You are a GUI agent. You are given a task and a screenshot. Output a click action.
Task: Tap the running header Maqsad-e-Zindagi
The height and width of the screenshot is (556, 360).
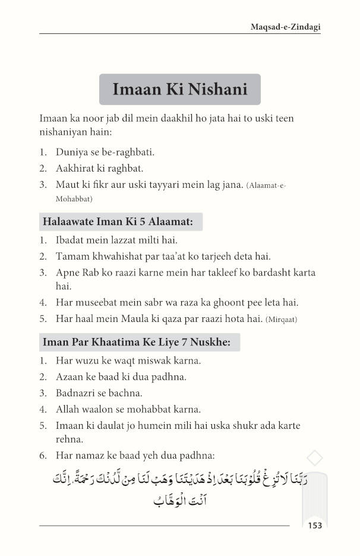[283, 27]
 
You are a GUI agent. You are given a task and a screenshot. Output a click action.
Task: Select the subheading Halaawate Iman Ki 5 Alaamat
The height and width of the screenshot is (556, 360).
[121, 223]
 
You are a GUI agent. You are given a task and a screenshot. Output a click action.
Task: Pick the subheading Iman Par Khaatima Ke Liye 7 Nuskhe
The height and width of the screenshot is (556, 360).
[140, 343]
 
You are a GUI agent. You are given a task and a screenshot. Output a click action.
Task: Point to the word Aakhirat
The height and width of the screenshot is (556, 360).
[75, 169]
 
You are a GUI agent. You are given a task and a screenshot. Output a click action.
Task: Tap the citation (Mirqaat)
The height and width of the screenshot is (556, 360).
[282, 320]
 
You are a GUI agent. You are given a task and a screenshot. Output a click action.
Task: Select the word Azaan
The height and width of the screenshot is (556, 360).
[70, 377]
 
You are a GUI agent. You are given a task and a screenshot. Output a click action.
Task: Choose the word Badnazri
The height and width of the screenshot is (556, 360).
[77, 393]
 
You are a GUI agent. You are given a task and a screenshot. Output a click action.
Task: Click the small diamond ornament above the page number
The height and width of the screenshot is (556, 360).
[315, 458]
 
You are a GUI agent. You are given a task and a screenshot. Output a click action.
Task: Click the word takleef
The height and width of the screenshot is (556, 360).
[229, 273]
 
